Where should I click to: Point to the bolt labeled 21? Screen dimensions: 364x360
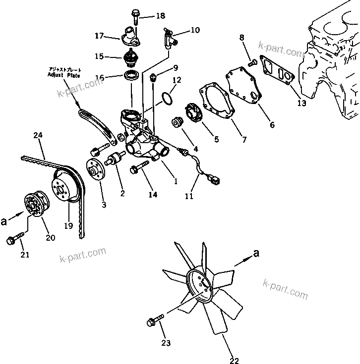point(13,240)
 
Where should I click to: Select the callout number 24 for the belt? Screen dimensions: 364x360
point(38,135)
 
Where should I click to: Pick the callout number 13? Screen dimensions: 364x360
point(301,104)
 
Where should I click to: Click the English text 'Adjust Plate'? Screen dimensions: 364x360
point(63,75)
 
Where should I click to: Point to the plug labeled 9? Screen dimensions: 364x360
point(154,77)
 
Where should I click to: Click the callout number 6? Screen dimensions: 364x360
point(272,125)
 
